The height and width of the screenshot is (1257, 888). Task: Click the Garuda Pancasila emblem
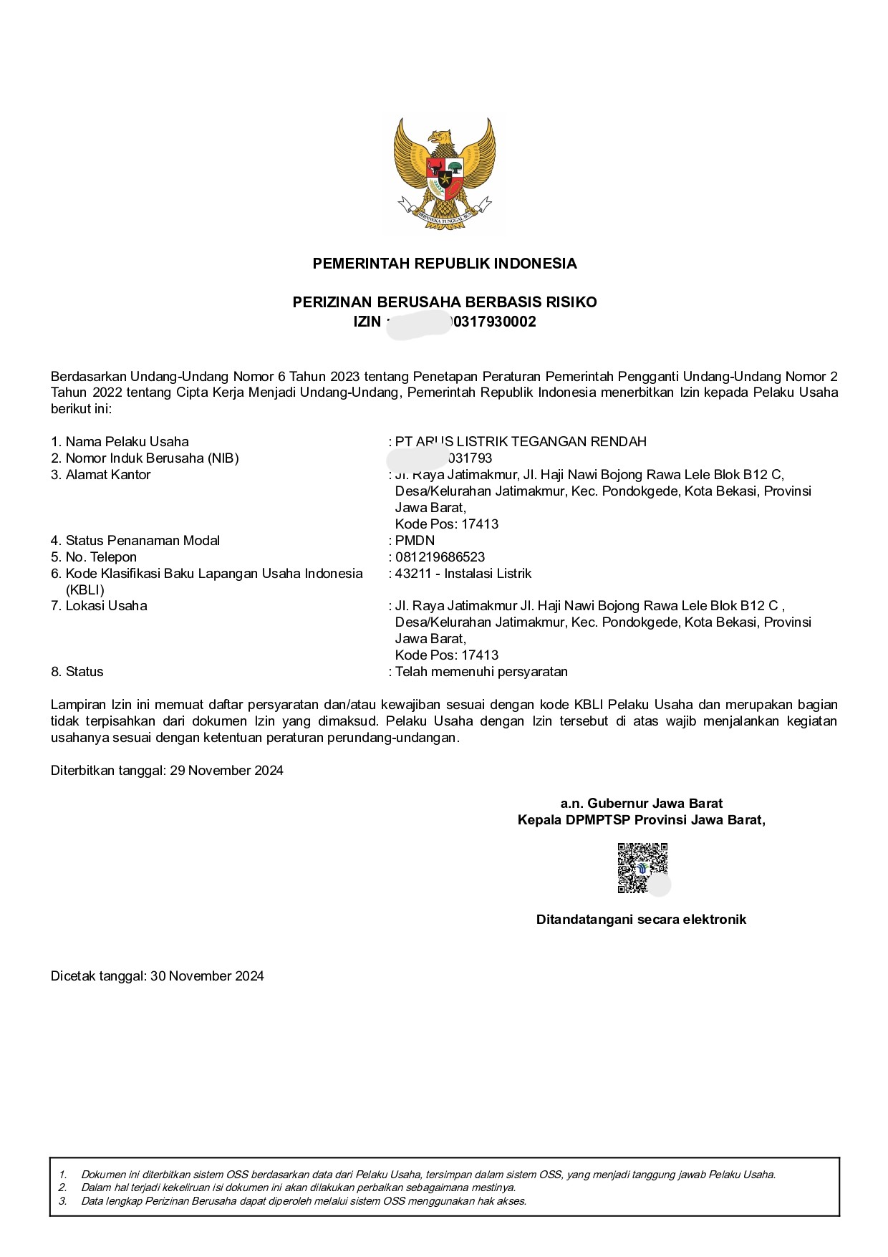(x=444, y=174)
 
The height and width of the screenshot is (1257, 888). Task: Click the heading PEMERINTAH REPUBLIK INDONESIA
(x=444, y=264)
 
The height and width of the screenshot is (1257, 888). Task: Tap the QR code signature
(x=642, y=868)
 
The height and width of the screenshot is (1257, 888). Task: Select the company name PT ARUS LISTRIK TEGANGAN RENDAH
(x=521, y=442)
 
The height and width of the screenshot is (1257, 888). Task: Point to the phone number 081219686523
(x=440, y=557)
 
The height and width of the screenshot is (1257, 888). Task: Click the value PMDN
(x=415, y=541)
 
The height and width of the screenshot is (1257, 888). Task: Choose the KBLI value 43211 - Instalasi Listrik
(x=463, y=574)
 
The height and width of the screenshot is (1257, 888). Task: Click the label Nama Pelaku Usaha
(x=127, y=442)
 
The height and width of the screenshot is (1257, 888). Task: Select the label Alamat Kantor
(x=107, y=475)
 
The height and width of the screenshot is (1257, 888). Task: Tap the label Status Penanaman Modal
(x=142, y=541)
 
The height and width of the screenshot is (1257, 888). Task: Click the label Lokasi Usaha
(x=106, y=606)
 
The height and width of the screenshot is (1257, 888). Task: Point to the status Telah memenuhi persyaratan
(x=481, y=672)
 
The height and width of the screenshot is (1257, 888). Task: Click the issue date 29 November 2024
(x=226, y=771)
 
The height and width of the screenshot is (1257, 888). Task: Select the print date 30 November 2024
(x=207, y=976)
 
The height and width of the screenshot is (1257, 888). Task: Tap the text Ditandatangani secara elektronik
(x=641, y=920)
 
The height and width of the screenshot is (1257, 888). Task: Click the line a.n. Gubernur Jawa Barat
(x=641, y=804)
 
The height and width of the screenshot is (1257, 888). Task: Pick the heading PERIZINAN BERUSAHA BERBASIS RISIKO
(x=444, y=302)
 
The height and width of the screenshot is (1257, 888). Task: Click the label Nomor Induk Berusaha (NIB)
(x=152, y=458)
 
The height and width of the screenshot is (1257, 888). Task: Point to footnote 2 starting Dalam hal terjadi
(x=298, y=1188)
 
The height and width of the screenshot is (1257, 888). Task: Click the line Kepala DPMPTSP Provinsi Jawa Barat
(x=641, y=820)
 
